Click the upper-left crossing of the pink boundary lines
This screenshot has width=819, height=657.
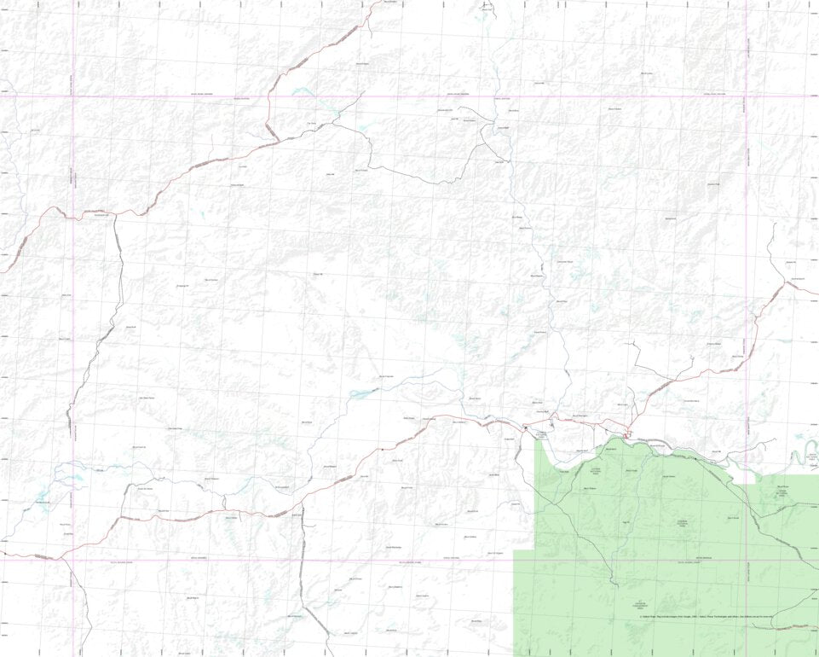(x=74, y=96)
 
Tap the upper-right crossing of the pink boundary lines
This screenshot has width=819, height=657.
(x=747, y=96)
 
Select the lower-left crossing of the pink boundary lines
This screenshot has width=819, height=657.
(x=74, y=561)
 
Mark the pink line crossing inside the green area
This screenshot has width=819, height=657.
(x=747, y=561)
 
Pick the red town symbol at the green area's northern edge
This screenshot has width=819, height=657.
(x=628, y=435)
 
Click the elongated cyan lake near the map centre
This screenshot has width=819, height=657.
(x=362, y=393)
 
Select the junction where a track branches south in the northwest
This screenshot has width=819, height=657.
(x=114, y=214)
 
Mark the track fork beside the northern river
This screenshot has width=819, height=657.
(x=486, y=128)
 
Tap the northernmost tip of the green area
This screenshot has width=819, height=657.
(x=609, y=439)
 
